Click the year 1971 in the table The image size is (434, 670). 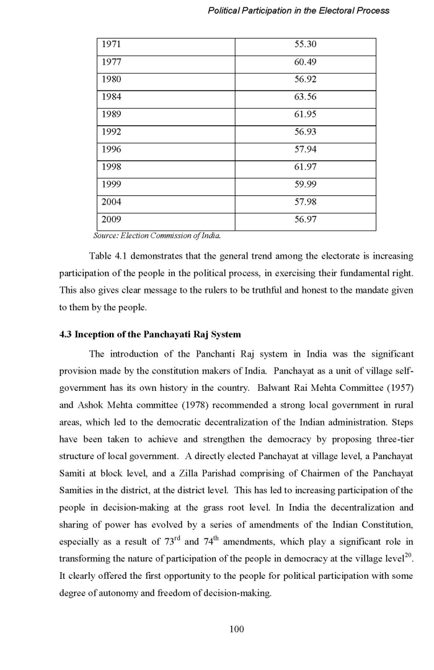112,45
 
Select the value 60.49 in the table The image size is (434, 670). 305,63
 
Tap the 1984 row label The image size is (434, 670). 112,97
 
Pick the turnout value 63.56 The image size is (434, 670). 305,97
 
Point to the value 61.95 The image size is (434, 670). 305,115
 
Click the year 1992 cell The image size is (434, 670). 112,132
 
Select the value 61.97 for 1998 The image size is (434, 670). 305,167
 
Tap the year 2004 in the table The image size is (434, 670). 112,202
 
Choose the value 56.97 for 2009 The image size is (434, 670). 305,219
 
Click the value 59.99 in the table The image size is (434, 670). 305,184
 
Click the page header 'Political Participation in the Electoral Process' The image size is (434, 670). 299,11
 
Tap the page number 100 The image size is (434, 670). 236,629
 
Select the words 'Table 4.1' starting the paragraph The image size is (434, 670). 108,256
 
